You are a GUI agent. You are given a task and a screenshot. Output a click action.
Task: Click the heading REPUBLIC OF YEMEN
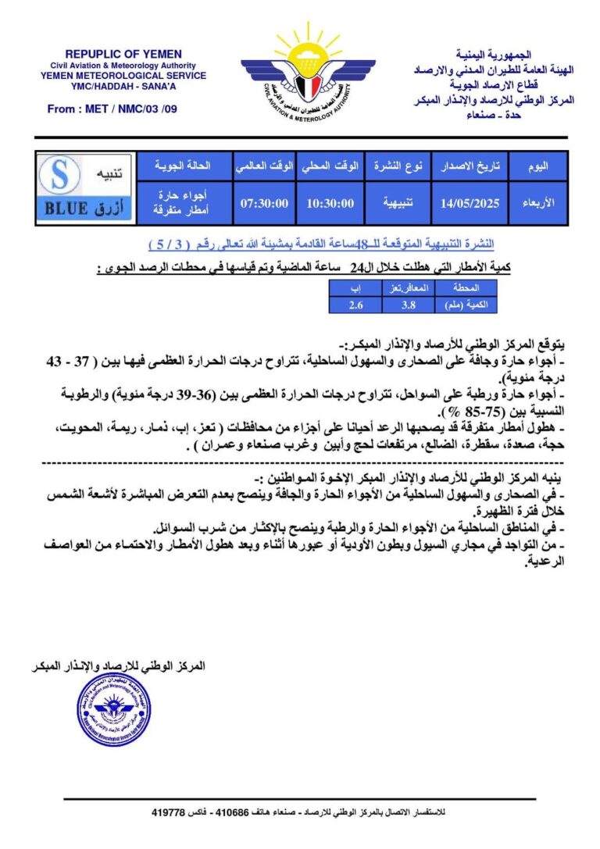coord(123,53)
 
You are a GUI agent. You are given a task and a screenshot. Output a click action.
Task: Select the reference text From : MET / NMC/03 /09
coord(112,109)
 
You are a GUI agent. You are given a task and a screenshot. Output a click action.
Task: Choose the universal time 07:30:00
coord(265,203)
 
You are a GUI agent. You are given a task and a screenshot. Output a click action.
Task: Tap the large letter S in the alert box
coord(61,175)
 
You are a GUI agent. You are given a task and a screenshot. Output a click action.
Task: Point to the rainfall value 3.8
coord(407,305)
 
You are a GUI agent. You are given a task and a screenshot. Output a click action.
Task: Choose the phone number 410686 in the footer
coord(237,813)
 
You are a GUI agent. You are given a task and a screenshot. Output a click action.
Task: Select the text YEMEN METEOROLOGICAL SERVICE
coord(123,76)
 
